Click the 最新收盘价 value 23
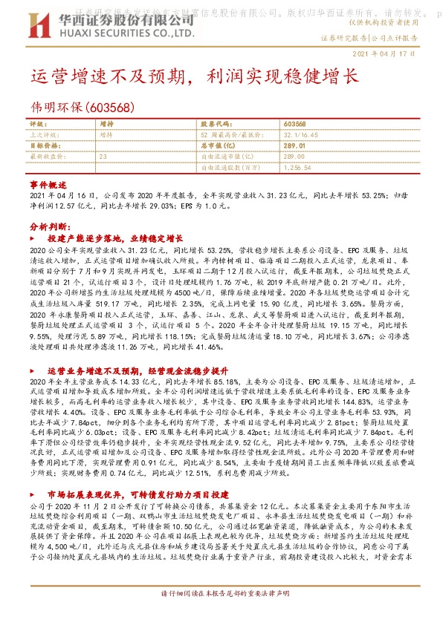103,157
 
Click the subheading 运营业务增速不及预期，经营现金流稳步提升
136,370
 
